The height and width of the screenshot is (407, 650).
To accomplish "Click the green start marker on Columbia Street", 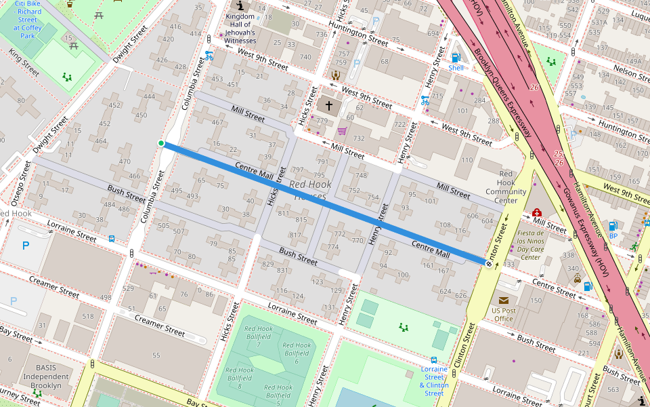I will coord(161,143).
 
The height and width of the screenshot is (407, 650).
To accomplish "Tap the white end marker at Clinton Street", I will coord(488,263).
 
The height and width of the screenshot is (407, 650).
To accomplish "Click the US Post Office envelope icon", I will coord(503,300).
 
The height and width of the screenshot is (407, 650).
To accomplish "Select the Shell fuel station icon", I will coord(456,58).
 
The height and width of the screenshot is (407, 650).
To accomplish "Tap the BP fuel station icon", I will coord(613,226).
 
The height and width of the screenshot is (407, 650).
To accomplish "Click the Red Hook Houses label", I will coord(311,191).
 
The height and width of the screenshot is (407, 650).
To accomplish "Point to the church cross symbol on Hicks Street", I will coord(329,106).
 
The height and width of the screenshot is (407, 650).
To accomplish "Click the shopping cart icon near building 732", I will coord(342,130).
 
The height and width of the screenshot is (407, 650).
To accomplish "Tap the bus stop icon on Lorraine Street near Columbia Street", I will coord(111,239).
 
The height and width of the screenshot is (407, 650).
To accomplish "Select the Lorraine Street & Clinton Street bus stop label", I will coord(434,381).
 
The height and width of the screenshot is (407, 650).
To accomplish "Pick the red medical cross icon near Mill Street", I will coord(537,212).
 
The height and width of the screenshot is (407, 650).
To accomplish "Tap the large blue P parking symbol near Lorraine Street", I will coord(26,246).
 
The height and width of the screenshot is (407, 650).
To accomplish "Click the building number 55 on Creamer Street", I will coord(156,355).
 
